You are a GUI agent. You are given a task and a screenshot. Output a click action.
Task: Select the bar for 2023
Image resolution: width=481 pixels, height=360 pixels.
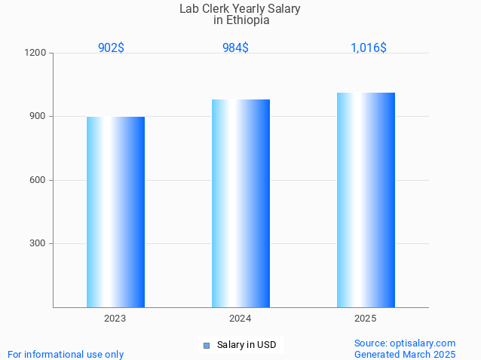(115, 212)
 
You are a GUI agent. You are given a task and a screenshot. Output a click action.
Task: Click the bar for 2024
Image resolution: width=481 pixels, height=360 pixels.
(240, 203)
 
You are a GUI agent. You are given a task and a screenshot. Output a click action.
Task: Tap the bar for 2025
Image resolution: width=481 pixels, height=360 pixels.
(366, 200)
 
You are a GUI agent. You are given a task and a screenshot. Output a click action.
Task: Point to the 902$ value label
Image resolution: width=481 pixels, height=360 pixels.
(111, 47)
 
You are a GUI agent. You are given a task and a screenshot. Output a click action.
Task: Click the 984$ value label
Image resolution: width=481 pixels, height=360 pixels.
(235, 47)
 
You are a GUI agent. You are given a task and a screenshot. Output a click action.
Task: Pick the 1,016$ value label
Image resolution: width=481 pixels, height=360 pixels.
(369, 47)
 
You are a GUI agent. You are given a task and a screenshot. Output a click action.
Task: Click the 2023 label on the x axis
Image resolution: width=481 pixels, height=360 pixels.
(115, 319)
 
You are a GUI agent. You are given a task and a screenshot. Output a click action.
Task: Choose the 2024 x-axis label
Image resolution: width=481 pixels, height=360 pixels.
(240, 319)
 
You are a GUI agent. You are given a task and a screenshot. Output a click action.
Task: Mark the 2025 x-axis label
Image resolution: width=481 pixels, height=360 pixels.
(366, 319)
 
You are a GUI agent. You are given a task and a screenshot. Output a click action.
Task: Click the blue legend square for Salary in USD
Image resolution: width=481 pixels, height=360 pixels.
(206, 346)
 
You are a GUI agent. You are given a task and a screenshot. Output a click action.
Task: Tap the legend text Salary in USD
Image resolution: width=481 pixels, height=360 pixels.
(247, 345)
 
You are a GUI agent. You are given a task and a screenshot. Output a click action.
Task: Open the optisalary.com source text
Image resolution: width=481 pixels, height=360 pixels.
(405, 343)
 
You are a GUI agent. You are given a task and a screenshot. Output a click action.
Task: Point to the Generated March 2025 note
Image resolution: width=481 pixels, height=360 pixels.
(405, 354)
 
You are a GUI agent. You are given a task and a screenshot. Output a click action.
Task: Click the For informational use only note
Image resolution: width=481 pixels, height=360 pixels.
(66, 354)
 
